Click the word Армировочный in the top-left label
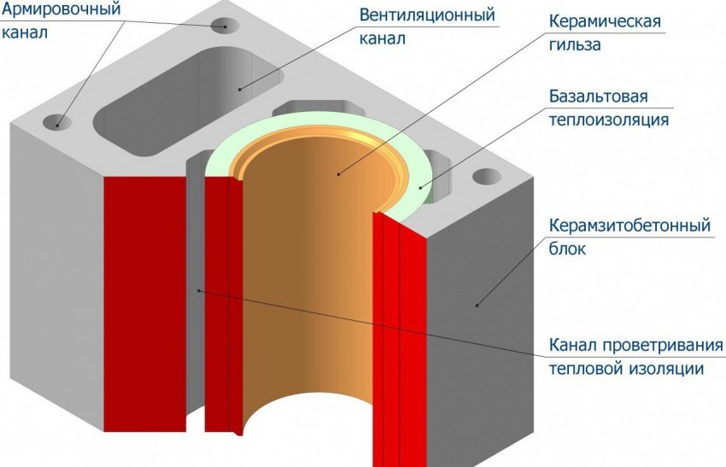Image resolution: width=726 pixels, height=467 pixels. tap(61, 12)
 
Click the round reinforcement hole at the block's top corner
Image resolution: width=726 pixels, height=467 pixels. tap(226, 24)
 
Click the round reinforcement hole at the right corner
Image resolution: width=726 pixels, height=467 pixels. tap(488, 178)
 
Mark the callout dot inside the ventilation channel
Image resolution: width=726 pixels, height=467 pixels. tap(240, 87)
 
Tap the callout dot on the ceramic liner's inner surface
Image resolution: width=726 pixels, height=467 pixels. tap(338, 174)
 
